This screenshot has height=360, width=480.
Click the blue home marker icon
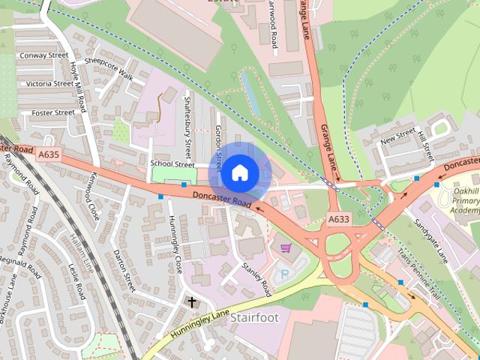tap(238, 172)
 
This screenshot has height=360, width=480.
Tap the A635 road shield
tap(48, 154)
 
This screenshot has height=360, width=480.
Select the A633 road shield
tap(337, 220)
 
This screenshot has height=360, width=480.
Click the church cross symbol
tap(191, 303)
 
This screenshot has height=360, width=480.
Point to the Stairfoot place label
tap(254, 317)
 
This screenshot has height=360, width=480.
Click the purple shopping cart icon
tap(285, 247)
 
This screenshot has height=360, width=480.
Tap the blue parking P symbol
tap(284, 274)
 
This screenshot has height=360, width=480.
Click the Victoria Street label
tap(49, 84)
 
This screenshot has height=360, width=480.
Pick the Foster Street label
tap(52, 112)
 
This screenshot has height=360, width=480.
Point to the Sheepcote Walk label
tap(109, 68)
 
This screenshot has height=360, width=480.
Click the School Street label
tap(172, 163)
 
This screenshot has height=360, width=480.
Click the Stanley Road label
tap(256, 277)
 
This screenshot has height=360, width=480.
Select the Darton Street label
tap(121, 271)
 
